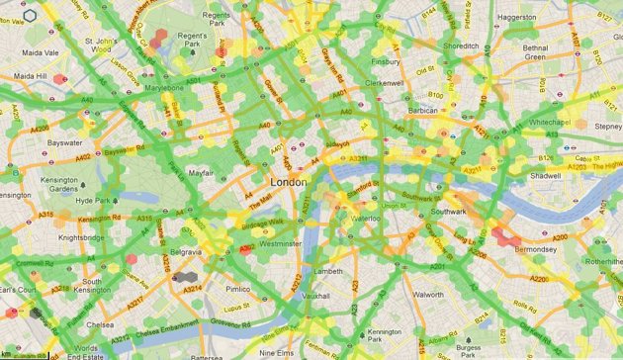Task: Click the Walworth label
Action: [427, 294]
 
